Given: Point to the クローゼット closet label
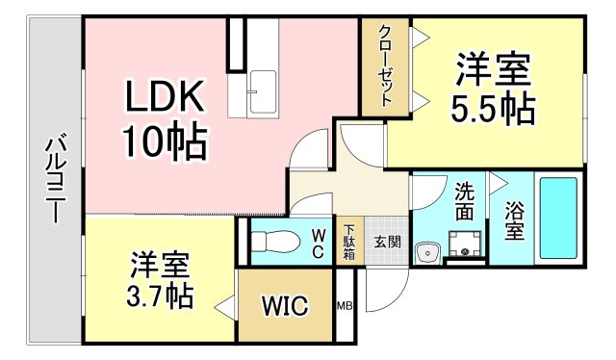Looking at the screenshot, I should (385, 66).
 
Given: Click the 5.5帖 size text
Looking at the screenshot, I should (494, 108).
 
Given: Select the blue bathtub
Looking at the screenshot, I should (558, 219).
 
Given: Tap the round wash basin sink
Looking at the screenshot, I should (426, 253).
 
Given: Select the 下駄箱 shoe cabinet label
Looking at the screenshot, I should (348, 243).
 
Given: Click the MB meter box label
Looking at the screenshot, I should (344, 307).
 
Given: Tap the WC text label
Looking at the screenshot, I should (319, 242).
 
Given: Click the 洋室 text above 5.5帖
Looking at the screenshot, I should (494, 72).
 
